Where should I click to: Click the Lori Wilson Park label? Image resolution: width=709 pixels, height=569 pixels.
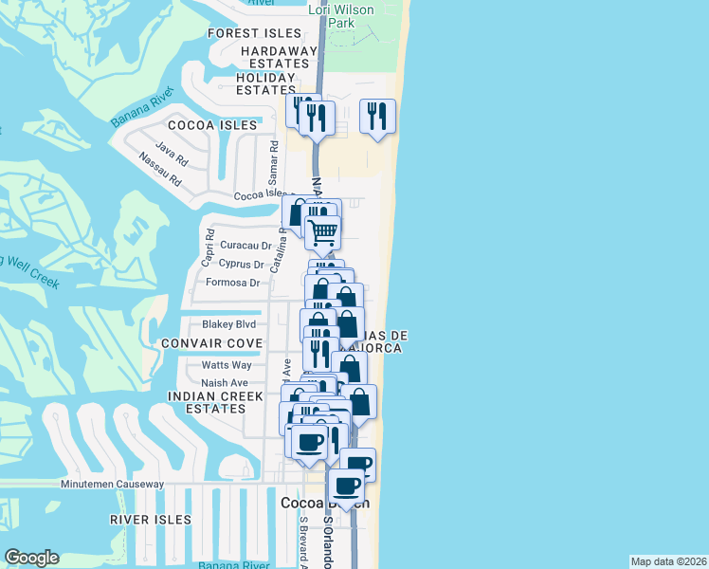(x=341, y=16)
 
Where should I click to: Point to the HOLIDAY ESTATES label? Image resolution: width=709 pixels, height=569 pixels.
(x=266, y=83)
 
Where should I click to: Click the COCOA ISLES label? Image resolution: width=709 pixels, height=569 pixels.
(x=212, y=125)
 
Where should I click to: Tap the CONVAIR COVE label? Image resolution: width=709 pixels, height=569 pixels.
(x=211, y=342)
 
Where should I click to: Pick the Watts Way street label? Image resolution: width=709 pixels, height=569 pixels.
(x=227, y=365)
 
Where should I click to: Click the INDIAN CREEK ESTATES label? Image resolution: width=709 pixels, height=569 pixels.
(x=207, y=402)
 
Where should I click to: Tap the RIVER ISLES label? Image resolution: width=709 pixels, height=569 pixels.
(x=150, y=520)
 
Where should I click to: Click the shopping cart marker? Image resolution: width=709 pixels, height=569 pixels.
(x=323, y=230)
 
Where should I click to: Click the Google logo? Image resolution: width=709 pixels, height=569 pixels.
(x=31, y=558)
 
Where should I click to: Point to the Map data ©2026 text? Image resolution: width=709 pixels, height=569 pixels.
(x=669, y=561)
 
